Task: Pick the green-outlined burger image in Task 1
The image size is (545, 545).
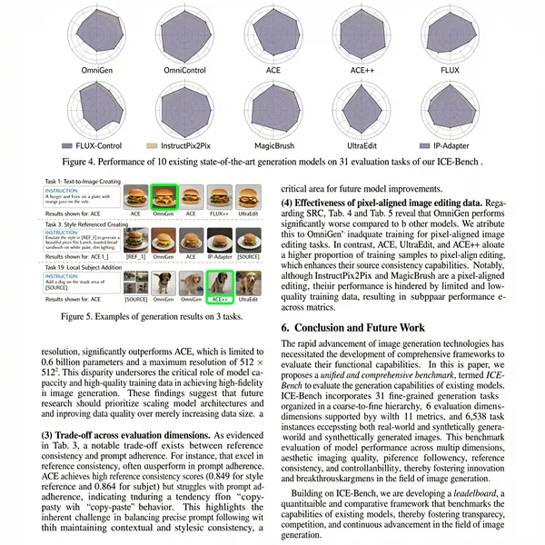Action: coord(164,195)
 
